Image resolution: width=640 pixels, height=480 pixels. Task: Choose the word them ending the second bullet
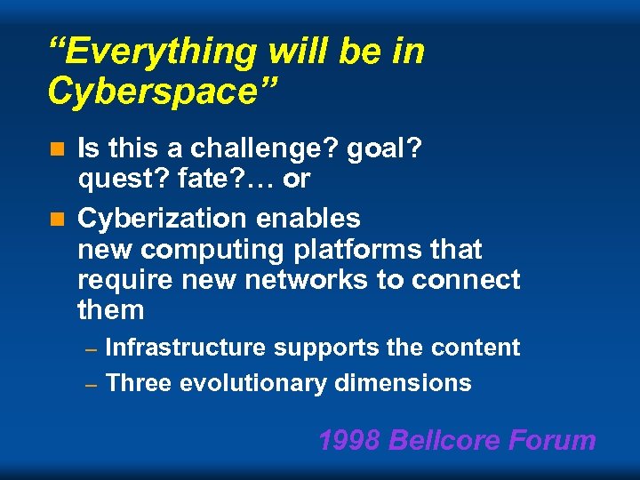coord(110,310)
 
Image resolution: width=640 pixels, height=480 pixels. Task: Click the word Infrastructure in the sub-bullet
coord(185,348)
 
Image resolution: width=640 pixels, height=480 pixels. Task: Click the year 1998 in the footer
coord(349,440)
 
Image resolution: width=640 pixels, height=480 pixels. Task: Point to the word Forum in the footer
coord(556,440)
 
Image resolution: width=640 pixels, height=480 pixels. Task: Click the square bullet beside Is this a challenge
coord(60,149)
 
